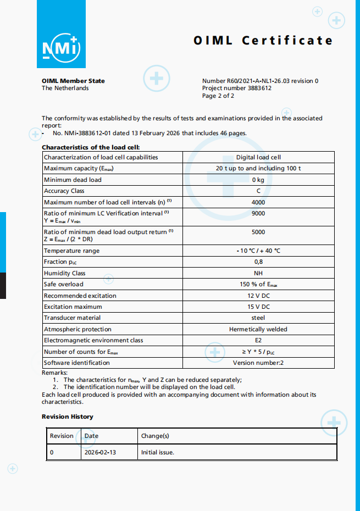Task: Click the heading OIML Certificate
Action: point(263,41)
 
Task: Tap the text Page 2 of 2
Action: point(218,96)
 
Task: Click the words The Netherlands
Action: point(65,88)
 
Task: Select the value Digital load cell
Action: point(258,157)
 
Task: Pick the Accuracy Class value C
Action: point(258,191)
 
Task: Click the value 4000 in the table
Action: point(258,202)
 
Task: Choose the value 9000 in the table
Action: point(258,213)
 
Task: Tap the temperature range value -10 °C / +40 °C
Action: point(258,251)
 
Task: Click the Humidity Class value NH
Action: point(258,273)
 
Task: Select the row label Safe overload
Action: point(64,284)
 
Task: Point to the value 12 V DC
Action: point(258,296)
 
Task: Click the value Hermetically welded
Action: point(258,329)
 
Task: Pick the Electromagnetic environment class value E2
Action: point(258,340)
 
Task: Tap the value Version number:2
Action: point(258,363)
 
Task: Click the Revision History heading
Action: point(68,416)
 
